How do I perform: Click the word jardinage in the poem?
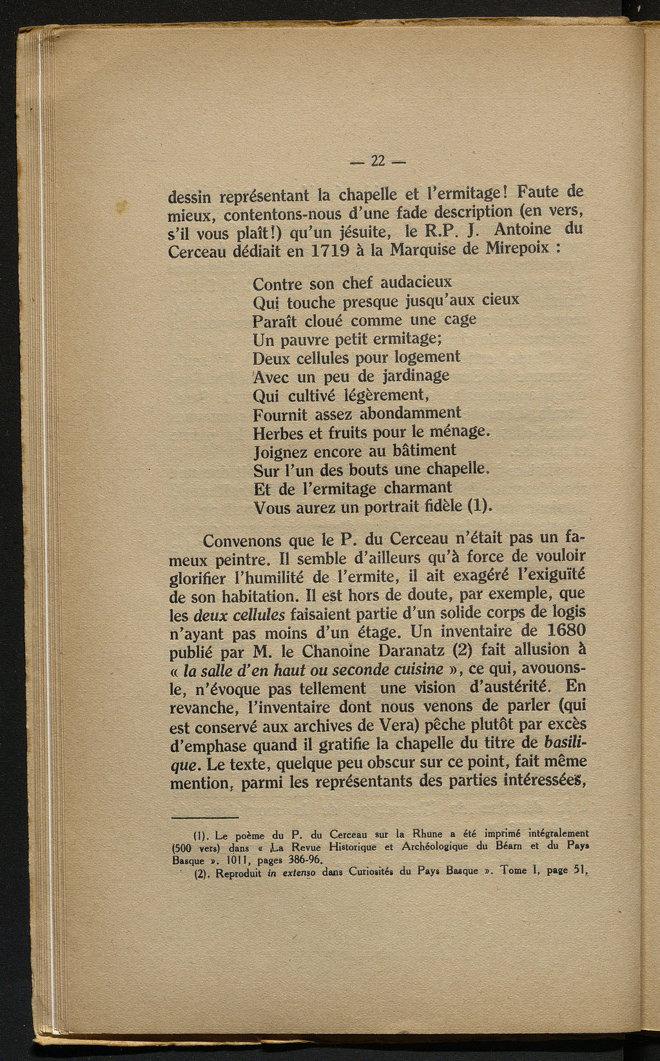(413, 376)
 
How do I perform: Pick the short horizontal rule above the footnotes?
(206, 817)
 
